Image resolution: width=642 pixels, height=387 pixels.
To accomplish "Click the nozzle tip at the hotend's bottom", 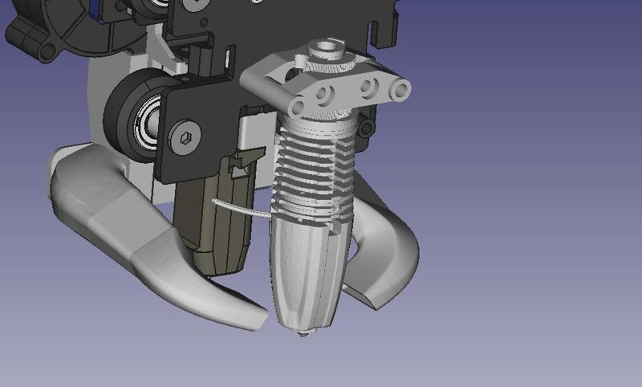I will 303,332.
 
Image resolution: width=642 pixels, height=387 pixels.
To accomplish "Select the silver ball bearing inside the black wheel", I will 145,120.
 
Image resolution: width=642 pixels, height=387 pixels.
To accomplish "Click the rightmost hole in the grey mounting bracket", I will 399,91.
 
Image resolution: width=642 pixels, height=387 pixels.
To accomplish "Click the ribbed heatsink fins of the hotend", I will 313,177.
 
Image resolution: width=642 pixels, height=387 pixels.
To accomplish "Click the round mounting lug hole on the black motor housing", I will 46,50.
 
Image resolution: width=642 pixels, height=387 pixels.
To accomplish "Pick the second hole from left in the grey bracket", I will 326,95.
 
